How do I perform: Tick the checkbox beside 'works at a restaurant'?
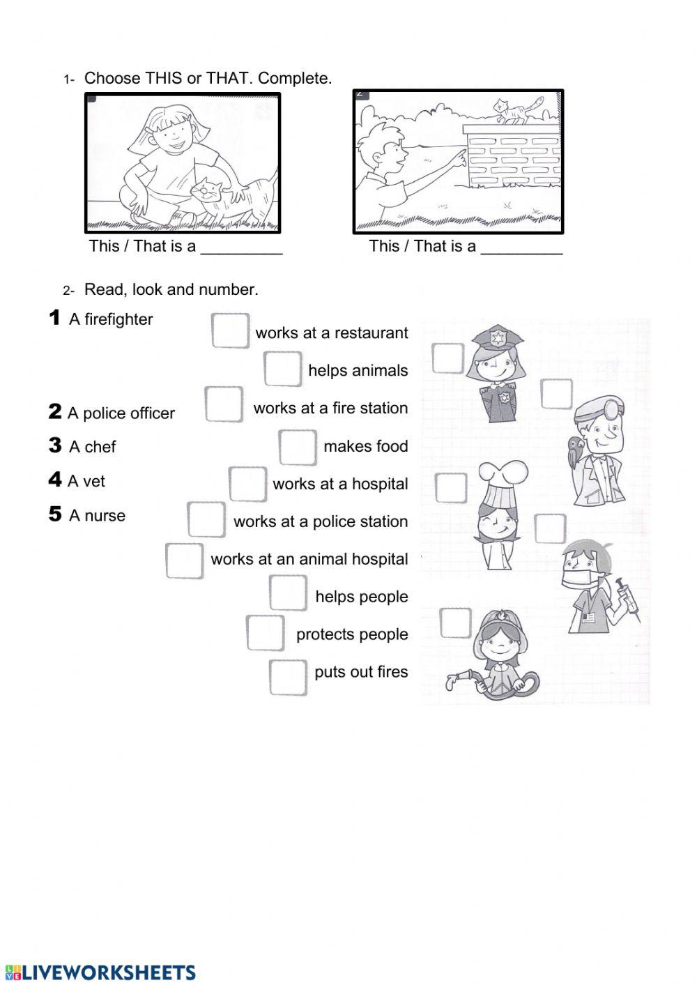pyautogui.click(x=230, y=330)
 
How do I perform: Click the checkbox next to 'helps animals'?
pyautogui.click(x=282, y=369)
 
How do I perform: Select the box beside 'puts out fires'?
pyautogui.click(x=288, y=677)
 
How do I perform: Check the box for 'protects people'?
pyautogui.click(x=265, y=633)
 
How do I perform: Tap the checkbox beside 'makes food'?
pyautogui.click(x=298, y=447)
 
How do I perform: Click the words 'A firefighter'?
pyautogui.click(x=111, y=319)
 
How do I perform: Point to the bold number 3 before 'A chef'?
pyautogui.click(x=55, y=445)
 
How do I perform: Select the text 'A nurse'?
pyautogui.click(x=98, y=516)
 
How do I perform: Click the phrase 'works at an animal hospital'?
pyautogui.click(x=309, y=559)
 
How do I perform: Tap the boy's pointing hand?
pyautogui.click(x=457, y=158)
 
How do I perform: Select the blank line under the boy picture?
pyautogui.click(x=521, y=252)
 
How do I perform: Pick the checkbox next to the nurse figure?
pyautogui.click(x=550, y=528)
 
